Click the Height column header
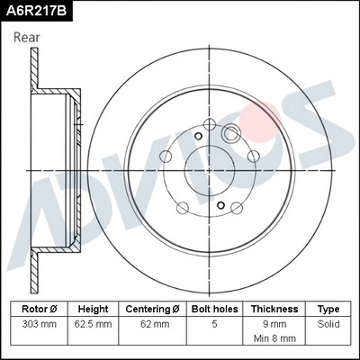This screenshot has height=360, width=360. pyautogui.click(x=93, y=308)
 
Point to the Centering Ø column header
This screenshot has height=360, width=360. pyautogui.click(x=152, y=308)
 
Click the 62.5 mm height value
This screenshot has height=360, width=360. pyautogui.click(x=93, y=321)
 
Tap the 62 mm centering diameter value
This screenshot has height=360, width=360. pyautogui.click(x=152, y=321)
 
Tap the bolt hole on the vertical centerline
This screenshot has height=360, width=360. pyautogui.click(x=209, y=124)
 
